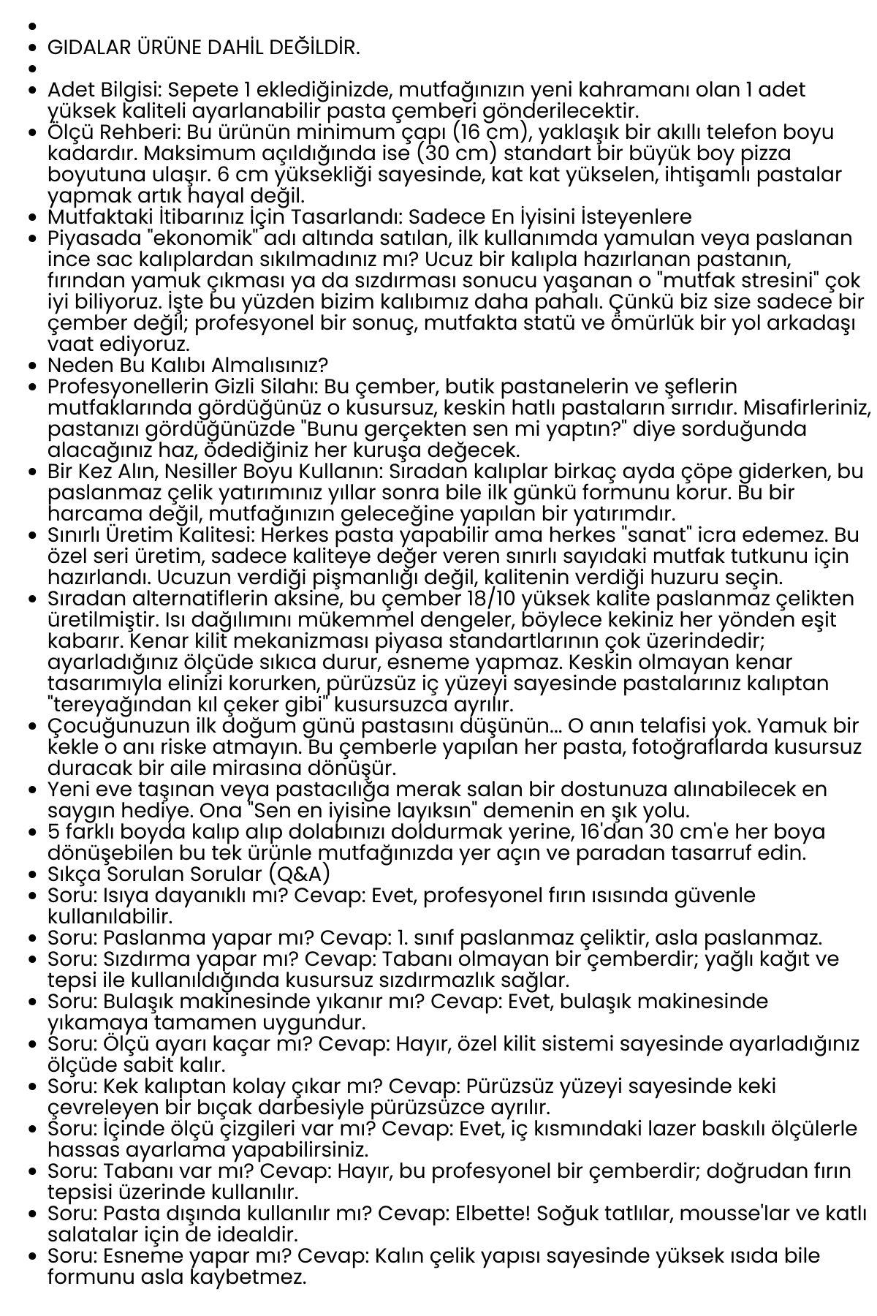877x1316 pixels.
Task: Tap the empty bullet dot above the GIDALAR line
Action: click(x=31, y=26)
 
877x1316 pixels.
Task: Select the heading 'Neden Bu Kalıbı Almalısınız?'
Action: click(x=188, y=365)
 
